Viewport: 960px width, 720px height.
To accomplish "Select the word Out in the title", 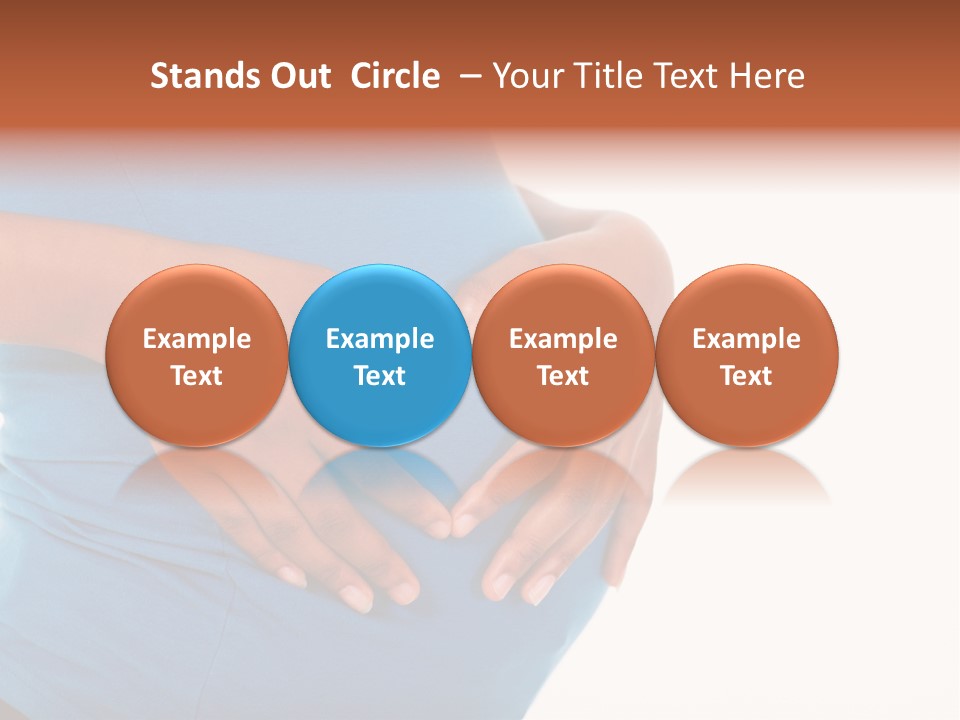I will tap(298, 76).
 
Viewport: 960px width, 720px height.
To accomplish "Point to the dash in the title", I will tap(467, 76).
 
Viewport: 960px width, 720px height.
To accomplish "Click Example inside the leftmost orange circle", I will tap(196, 339).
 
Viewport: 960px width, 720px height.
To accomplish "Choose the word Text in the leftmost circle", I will tap(196, 376).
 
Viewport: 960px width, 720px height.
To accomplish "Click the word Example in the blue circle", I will tap(380, 339).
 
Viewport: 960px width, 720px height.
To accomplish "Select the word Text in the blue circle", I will tap(380, 376).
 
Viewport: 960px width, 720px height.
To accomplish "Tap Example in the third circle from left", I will tap(563, 339).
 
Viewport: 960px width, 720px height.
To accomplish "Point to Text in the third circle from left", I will tap(563, 376).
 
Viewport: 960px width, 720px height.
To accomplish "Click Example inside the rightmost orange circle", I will tap(746, 339).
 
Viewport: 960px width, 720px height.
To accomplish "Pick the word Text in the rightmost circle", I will tap(746, 376).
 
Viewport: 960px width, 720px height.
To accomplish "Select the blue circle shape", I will tap(380, 300).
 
